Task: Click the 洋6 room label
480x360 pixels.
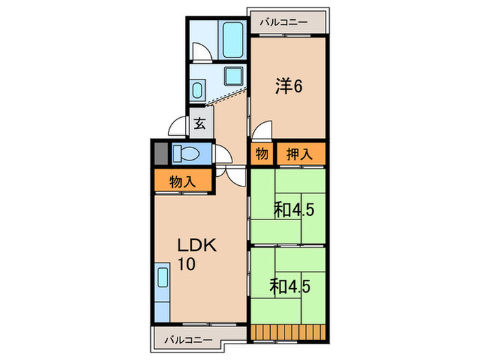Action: coord(289,86)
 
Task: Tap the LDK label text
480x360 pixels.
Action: coord(197,245)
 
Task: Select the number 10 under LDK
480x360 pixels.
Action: coord(187,264)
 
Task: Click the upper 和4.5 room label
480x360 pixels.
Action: coord(294,210)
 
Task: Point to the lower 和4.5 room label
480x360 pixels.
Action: coord(290,287)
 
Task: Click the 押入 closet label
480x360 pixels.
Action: coord(300,154)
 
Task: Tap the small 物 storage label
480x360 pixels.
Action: coord(262,154)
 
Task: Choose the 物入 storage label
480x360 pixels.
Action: coord(182,182)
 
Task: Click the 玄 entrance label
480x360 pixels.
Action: coord(200,123)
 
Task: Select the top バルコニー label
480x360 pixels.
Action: coord(284,23)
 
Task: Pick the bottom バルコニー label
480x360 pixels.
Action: coord(189,340)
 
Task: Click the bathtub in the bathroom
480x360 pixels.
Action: coord(233,40)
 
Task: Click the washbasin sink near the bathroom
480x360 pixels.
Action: coord(197,89)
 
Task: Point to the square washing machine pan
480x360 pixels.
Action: coord(235,76)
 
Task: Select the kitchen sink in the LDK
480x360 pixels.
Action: coord(163,277)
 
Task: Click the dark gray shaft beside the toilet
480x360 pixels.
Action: coord(161,154)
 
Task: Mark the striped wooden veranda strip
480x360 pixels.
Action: coord(289,332)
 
